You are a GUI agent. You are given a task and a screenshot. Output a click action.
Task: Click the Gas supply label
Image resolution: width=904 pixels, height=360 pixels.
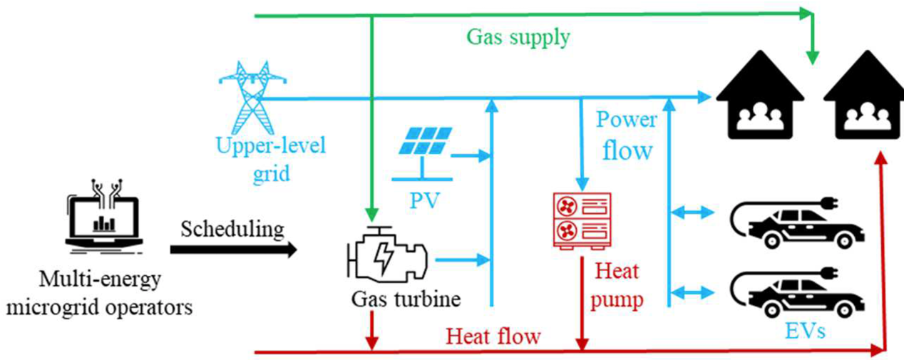(518, 36)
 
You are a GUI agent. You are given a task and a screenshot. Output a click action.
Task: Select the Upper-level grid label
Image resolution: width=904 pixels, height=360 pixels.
(270, 159)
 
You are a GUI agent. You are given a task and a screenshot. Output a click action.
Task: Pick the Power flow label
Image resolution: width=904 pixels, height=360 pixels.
(626, 135)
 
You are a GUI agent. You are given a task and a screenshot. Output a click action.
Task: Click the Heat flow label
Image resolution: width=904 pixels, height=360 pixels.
(493, 335)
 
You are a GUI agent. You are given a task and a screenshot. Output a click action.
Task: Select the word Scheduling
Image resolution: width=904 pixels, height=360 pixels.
(232, 229)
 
